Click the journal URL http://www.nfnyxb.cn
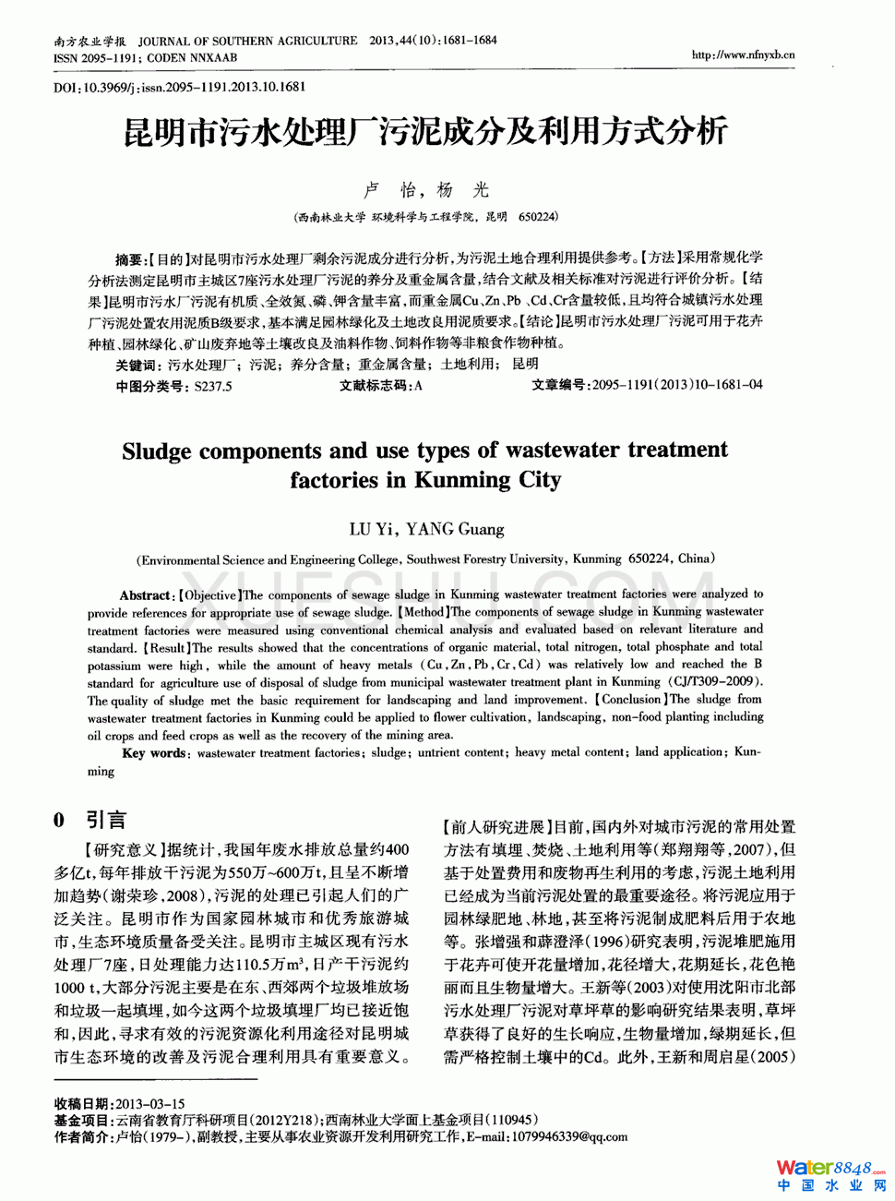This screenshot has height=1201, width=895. pos(743,54)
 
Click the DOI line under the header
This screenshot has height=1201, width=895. pos(179,87)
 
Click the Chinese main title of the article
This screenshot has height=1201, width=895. pos(425,132)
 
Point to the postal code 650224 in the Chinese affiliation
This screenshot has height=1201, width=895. pos(538,217)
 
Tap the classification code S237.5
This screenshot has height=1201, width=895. pos(213,386)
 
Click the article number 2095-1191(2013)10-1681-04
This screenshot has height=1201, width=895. pos(677,385)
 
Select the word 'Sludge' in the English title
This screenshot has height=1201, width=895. pos(156,451)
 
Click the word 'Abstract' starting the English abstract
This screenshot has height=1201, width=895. pos(145,595)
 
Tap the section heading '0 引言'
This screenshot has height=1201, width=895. pos(89,820)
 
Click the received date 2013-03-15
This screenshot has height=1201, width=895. pos(150,1103)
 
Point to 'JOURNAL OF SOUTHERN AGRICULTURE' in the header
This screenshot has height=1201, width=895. pos(247,41)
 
